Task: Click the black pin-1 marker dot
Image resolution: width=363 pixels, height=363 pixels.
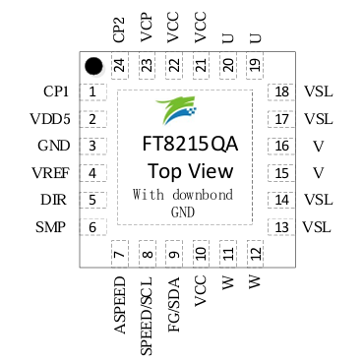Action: (94, 66)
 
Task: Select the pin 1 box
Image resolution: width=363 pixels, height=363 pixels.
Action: (92, 92)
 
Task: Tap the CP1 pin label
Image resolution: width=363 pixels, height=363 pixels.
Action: (55, 92)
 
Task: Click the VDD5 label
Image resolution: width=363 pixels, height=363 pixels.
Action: (48, 119)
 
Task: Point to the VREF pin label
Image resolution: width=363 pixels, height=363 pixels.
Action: (49, 173)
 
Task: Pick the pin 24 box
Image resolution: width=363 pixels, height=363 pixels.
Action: (119, 65)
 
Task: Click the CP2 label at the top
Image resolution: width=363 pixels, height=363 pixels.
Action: (119, 29)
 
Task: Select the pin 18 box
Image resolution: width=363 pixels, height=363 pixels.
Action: (282, 92)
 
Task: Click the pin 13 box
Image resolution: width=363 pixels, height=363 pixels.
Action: (282, 227)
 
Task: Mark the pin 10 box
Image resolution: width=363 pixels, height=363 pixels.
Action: (201, 255)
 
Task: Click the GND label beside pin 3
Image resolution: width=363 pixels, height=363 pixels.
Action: (53, 147)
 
